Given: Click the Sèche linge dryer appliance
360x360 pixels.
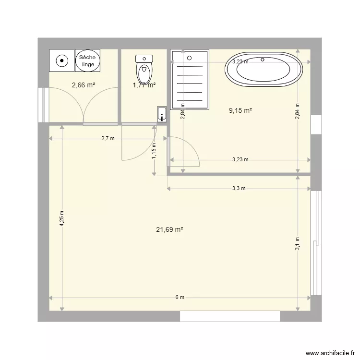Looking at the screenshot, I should [x=87, y=61].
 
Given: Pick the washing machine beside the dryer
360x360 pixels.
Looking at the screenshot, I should [x=61, y=61].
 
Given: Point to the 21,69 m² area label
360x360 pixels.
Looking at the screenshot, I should [x=169, y=229].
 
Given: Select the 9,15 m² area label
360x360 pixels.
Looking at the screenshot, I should [x=240, y=110].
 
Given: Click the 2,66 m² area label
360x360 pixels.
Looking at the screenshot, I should [x=83, y=85].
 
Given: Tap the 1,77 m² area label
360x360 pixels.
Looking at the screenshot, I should [x=144, y=85].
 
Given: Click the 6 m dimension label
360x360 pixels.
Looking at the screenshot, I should [x=180, y=298].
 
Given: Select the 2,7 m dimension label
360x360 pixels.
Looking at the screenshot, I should [x=108, y=139].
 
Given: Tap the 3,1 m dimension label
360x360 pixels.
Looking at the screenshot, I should [x=298, y=244].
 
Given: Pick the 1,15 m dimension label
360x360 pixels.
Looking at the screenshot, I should [x=154, y=151].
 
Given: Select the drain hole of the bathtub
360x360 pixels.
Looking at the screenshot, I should [x=263, y=60].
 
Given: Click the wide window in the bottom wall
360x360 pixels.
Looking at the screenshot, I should [x=229, y=316].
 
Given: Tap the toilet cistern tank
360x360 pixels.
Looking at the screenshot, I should [x=144, y=59].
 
